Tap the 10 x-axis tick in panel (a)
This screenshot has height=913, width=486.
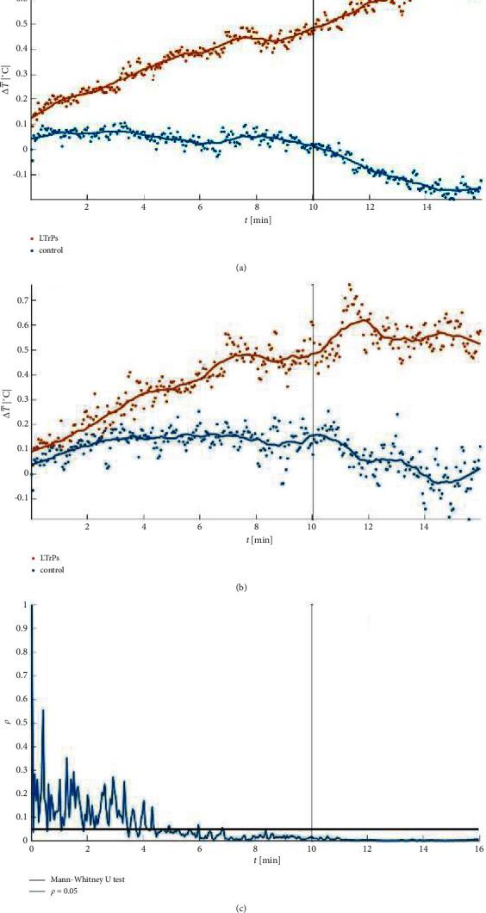[313, 207]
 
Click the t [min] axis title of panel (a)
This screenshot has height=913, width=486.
[255, 219]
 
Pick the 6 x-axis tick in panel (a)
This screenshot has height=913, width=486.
[200, 207]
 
